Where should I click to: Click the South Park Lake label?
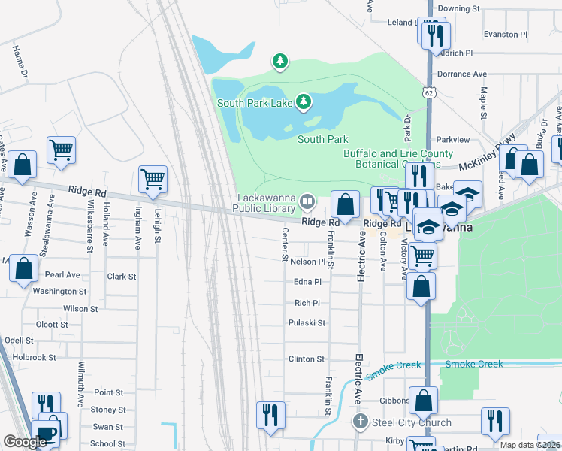pos(254,103)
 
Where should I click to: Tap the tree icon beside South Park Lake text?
pos(304,101)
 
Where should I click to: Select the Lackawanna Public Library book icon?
pos(307,201)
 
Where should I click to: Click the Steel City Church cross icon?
pos(361,422)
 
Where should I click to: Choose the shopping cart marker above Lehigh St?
pos(153,180)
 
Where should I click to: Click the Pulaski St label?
pos(307,323)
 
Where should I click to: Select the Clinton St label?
pos(307,359)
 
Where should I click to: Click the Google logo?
pos(25,442)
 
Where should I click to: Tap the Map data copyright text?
pos(529,445)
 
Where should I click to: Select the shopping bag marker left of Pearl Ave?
pos(23,268)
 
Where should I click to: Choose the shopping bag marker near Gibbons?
pos(423,400)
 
